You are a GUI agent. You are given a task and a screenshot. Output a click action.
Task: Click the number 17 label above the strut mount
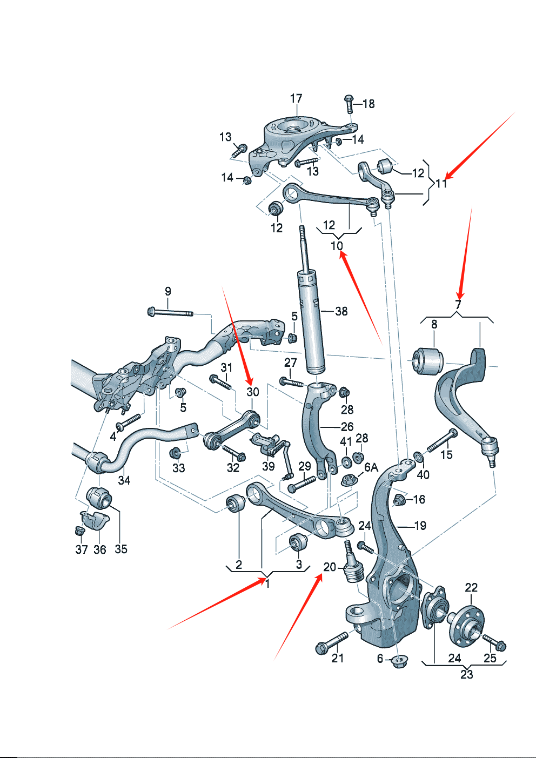click(x=296, y=99)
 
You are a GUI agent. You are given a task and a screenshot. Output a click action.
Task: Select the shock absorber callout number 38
click(x=341, y=311)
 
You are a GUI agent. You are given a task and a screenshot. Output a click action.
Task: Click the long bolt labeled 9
click(x=170, y=312)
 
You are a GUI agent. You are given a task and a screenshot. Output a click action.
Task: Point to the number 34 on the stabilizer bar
click(x=124, y=480)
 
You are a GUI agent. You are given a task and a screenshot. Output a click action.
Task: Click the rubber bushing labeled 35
click(x=99, y=498)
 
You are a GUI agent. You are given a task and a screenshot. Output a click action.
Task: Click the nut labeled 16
click(x=400, y=499)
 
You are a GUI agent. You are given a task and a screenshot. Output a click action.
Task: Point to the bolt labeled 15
click(x=442, y=441)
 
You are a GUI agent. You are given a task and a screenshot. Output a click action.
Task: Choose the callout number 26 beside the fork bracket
click(x=347, y=427)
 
